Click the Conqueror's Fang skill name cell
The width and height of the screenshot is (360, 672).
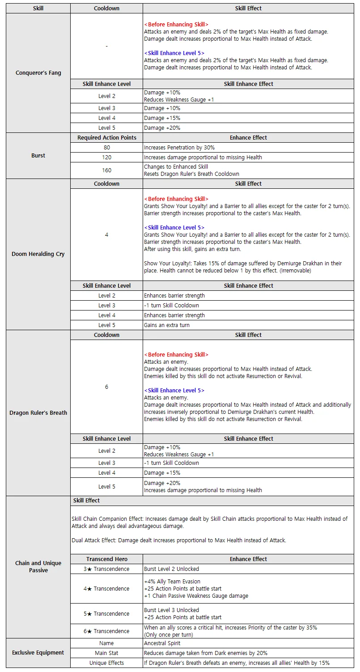[38, 73]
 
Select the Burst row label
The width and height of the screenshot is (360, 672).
[38, 156]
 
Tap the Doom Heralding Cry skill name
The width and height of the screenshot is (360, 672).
[38, 254]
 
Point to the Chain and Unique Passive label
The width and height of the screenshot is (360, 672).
[38, 566]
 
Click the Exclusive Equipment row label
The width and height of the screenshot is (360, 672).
[38, 653]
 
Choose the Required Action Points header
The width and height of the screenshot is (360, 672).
[106, 138]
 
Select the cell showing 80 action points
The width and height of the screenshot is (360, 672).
[106, 148]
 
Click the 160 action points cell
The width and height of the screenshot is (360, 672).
[106, 170]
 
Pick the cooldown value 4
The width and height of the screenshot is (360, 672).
[106, 235]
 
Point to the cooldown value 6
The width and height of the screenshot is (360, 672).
[106, 387]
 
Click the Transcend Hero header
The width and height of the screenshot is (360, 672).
[106, 559]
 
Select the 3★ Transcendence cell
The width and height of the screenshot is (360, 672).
[106, 569]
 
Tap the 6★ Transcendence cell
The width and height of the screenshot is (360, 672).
[106, 631]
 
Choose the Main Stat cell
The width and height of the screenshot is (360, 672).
[106, 653]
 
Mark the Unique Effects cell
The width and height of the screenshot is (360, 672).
[106, 663]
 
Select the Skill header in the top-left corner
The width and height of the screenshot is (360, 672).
[38, 9]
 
